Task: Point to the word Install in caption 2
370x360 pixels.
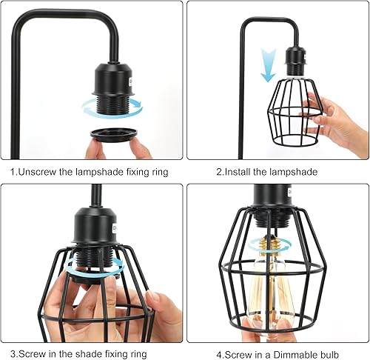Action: pyautogui.click(x=237, y=172)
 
